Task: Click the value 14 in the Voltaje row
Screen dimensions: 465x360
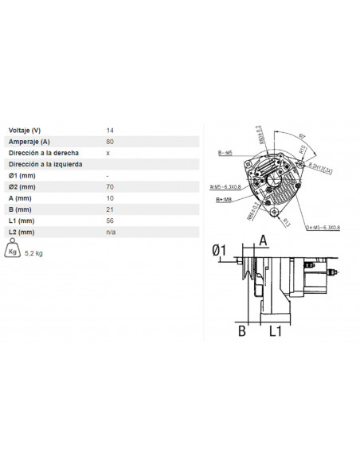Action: click(110, 130)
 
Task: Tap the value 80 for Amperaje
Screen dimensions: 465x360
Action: click(110, 141)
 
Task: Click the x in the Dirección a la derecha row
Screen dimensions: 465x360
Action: click(108, 152)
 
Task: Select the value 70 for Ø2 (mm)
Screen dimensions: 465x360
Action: click(110, 186)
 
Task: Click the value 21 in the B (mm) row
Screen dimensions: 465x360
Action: click(110, 209)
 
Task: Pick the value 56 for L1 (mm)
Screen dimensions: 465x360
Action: click(110, 220)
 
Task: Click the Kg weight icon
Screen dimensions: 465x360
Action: click(13, 251)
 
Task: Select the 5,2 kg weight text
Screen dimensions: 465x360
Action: click(34, 253)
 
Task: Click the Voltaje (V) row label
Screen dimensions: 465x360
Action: click(25, 130)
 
